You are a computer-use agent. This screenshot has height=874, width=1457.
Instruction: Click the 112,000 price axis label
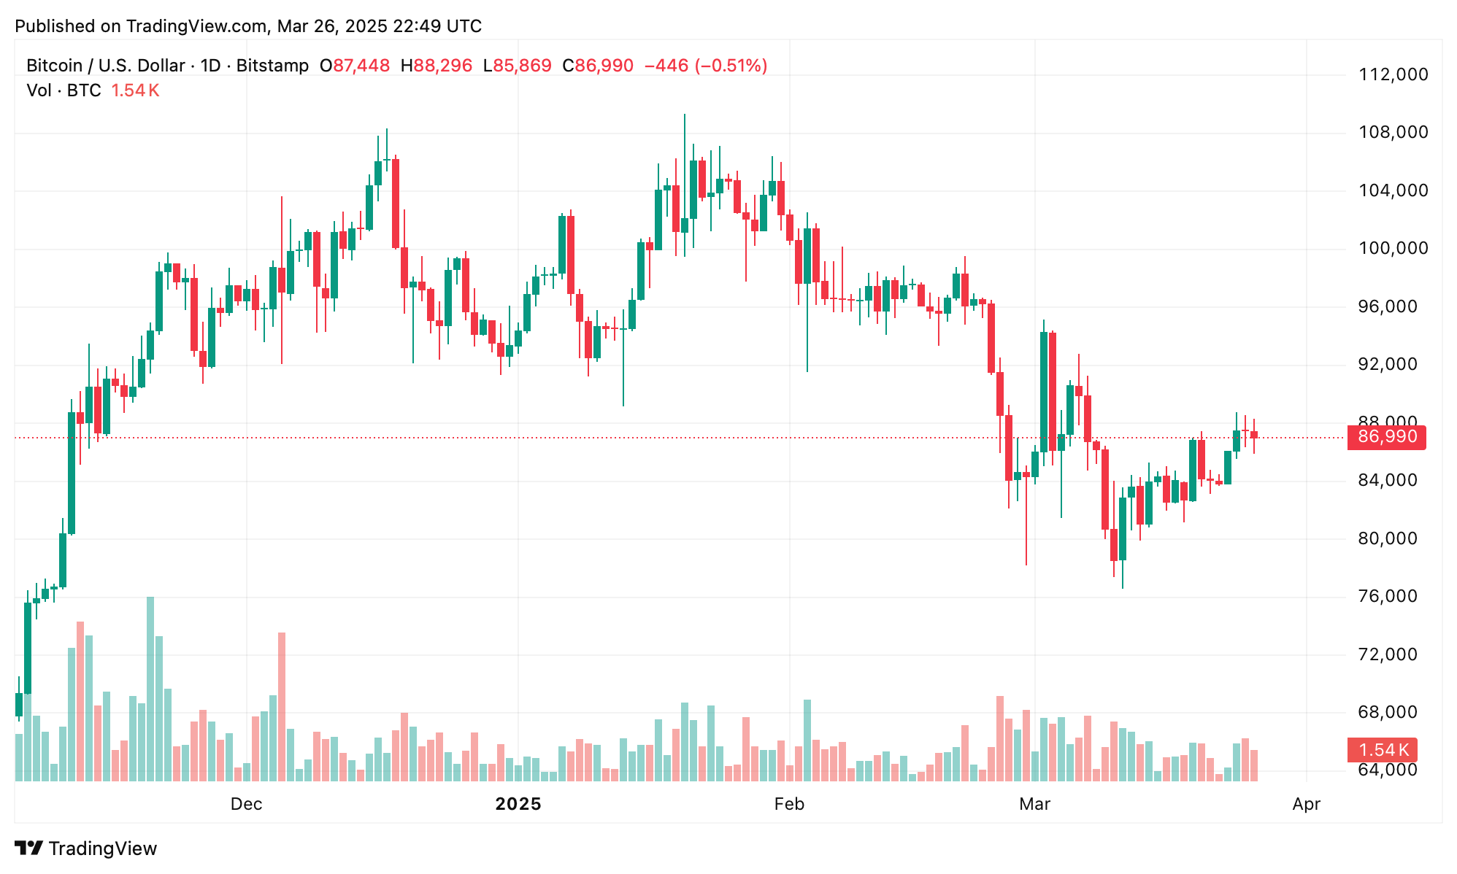pos(1392,74)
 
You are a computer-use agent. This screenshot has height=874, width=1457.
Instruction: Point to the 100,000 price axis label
pos(1392,248)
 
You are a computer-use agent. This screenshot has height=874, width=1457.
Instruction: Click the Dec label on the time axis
pos(246,804)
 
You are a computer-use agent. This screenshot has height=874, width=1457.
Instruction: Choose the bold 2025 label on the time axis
pos(518,804)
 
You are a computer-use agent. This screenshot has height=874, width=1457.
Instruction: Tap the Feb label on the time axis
pos(789,804)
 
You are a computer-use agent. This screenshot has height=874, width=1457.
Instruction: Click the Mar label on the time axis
pos(1034,804)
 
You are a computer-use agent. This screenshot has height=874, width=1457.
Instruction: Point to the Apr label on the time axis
pos(1306,804)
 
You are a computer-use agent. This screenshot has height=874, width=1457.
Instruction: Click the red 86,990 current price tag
pos(1385,437)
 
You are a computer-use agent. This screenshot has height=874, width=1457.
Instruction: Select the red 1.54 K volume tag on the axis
pos(1382,750)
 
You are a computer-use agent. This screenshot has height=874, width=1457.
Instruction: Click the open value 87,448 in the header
pos(361,66)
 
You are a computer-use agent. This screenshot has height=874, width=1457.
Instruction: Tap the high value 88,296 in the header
pos(443,66)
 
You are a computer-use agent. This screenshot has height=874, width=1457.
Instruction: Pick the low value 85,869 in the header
pos(522,66)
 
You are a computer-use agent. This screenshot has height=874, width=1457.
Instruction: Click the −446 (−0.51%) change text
pos(705,66)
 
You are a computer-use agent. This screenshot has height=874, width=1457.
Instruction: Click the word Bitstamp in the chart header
pos(272,66)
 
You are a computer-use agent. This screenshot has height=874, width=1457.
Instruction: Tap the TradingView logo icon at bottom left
pos(29,848)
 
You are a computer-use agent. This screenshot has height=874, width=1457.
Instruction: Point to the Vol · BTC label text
pos(64,90)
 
